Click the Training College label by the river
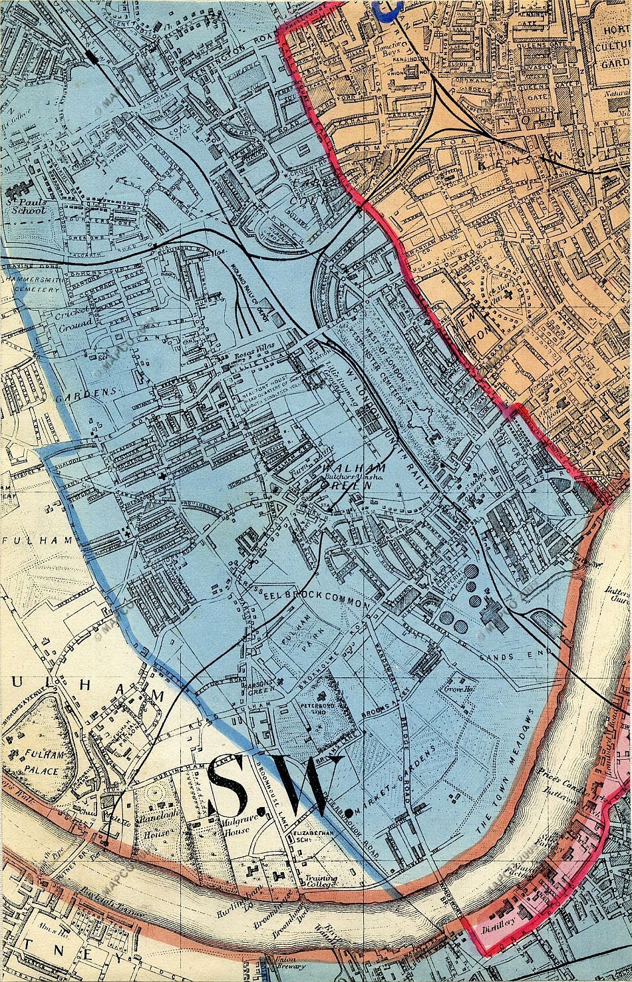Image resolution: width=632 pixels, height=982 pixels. pyautogui.click(x=321, y=882)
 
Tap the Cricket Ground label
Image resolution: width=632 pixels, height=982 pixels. pyautogui.click(x=74, y=319)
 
